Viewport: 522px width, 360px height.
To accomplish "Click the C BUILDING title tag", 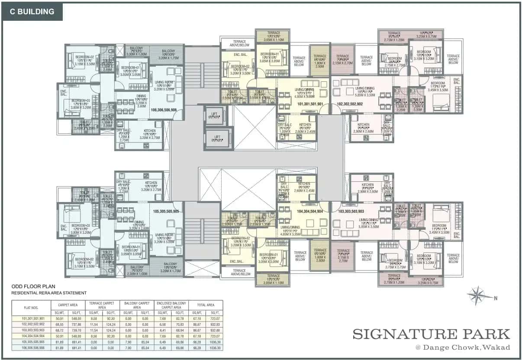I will point(33,12).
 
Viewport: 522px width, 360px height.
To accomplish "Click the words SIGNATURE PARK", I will point(431,334).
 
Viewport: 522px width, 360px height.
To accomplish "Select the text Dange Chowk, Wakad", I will point(461,347).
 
